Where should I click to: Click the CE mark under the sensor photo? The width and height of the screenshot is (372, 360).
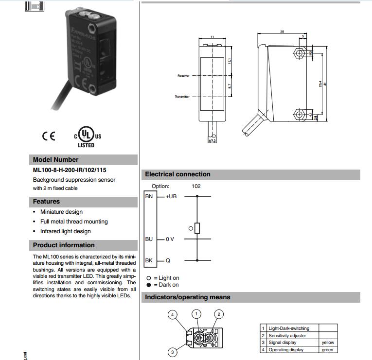coord(49,136)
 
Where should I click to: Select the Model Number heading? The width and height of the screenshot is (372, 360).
coord(55,159)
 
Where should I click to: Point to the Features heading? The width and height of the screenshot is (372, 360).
coord(46,201)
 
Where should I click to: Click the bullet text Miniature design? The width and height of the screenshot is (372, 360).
coord(61,212)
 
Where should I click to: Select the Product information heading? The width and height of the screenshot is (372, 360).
coord(64,245)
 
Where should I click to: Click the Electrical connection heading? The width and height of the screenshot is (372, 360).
coord(177,174)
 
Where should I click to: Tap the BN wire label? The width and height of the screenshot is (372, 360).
coord(149,196)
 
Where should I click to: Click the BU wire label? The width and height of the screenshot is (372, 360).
coord(149,239)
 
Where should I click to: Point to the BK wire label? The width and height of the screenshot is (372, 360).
coord(149,261)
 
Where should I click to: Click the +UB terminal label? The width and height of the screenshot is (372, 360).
coord(171,196)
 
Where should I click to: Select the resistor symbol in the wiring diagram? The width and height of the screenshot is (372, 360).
coord(197,227)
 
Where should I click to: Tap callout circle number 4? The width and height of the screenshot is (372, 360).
coord(172,315)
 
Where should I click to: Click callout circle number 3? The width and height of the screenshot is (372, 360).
coord(172,352)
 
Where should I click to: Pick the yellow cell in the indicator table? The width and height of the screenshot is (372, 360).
coord(328,343)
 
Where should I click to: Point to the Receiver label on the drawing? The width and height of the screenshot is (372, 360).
coord(183,76)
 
